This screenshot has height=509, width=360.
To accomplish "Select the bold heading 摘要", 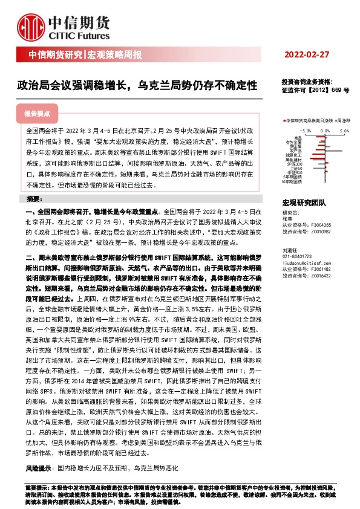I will coord(35,199).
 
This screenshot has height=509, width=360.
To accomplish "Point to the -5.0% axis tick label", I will coord(306,130).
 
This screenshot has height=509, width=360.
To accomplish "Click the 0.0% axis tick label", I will coord(326,130).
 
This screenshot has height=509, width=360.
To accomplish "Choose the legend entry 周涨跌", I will coord(344,121).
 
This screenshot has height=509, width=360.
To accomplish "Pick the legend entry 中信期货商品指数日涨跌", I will coord(309,121).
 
